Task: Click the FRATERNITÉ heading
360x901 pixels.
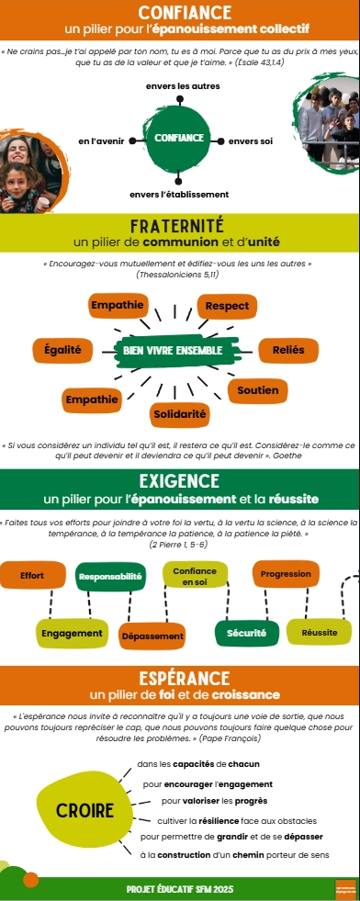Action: pos(179,226)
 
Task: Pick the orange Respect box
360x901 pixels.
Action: pos(227,306)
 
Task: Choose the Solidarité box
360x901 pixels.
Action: pos(179,414)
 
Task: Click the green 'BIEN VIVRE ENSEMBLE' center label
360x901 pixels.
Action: pos(172,350)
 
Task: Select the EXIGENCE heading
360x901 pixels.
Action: pos(179,481)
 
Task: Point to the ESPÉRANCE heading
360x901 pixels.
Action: pos(179,678)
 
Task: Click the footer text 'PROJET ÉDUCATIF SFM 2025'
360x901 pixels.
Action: pos(179,889)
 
